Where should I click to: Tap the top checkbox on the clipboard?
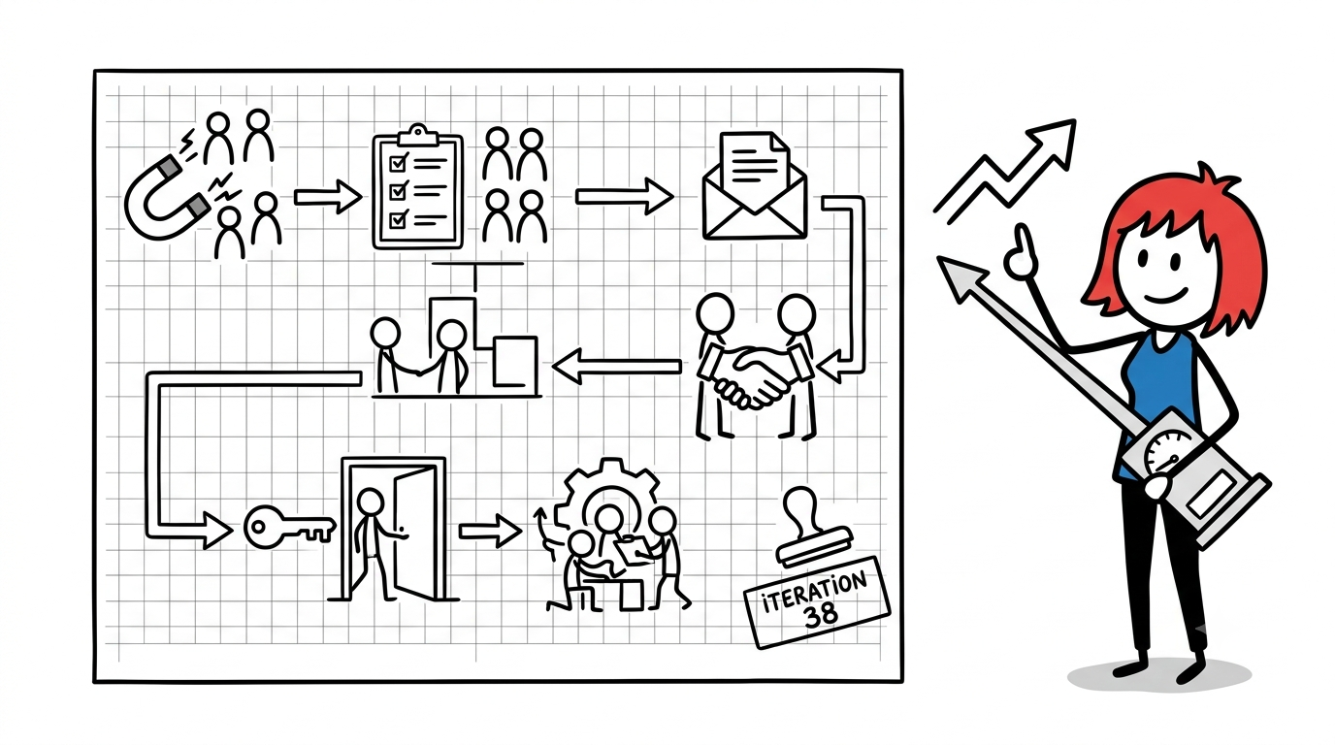(x=398, y=162)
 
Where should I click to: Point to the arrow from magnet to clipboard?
(x=328, y=196)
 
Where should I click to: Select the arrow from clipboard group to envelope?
(x=624, y=196)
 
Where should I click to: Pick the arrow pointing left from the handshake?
(x=617, y=366)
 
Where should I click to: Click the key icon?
(x=289, y=527)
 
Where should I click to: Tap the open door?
(x=417, y=531)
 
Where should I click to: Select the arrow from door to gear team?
(x=490, y=531)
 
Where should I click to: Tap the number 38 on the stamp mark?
(x=821, y=615)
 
